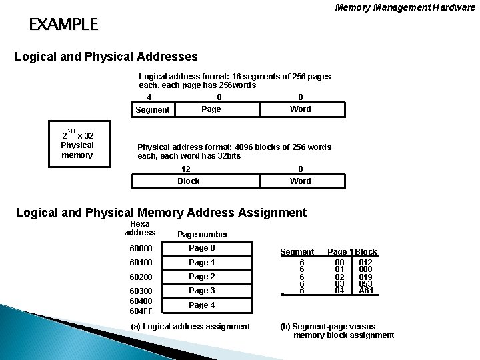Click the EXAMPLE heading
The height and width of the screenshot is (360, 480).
coord(63,25)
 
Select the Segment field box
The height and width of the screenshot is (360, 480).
coord(152,109)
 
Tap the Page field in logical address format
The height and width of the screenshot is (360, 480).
coord(211,109)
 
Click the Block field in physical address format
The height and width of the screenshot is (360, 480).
coord(188,181)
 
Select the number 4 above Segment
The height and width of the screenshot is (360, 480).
coord(149,97)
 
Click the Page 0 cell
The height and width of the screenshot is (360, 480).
coord(201,249)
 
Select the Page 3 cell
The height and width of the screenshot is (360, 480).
coord(201,291)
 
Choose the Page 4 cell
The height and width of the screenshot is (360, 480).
coord(201,305)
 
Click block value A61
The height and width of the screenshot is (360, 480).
coord(365,291)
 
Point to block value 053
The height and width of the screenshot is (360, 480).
coord(365,283)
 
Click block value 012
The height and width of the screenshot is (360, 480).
coord(365,263)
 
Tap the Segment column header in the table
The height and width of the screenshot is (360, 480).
coord(297,252)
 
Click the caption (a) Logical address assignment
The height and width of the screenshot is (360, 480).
coord(191,326)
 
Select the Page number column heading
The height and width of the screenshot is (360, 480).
coord(202,235)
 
